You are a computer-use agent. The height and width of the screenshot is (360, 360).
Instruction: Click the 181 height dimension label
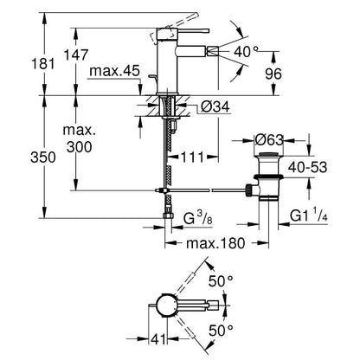[43, 63]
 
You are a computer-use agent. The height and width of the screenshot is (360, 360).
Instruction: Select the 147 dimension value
[76, 55]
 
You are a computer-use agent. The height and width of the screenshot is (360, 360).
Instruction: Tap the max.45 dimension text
[114, 71]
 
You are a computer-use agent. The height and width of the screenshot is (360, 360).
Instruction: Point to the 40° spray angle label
[246, 52]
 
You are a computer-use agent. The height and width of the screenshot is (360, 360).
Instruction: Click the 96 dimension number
[273, 74]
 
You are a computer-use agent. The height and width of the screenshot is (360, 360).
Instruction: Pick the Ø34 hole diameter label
[215, 106]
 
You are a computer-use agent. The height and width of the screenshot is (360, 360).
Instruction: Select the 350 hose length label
[43, 157]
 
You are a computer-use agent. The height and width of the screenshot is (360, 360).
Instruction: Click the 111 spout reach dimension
[192, 157]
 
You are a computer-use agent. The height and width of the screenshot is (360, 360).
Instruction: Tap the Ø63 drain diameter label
[269, 140]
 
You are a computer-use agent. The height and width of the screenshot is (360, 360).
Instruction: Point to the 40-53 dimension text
[308, 167]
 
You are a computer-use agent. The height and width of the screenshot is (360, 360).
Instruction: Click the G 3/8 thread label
[198, 218]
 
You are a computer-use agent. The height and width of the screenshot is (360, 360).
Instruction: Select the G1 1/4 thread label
[309, 215]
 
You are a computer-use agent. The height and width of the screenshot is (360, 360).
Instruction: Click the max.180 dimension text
[215, 243]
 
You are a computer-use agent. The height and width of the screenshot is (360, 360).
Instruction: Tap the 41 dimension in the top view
[158, 339]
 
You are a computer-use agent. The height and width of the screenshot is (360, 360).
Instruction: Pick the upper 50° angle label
[221, 280]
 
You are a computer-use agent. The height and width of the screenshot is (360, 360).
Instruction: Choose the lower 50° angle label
[221, 331]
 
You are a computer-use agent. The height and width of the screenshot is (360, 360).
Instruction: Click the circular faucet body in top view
[165, 305]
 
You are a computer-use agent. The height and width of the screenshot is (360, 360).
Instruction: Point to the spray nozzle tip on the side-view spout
[212, 52]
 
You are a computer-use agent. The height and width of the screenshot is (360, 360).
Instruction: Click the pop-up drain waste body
[268, 176]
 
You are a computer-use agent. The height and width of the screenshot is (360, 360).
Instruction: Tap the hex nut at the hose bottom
[168, 215]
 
